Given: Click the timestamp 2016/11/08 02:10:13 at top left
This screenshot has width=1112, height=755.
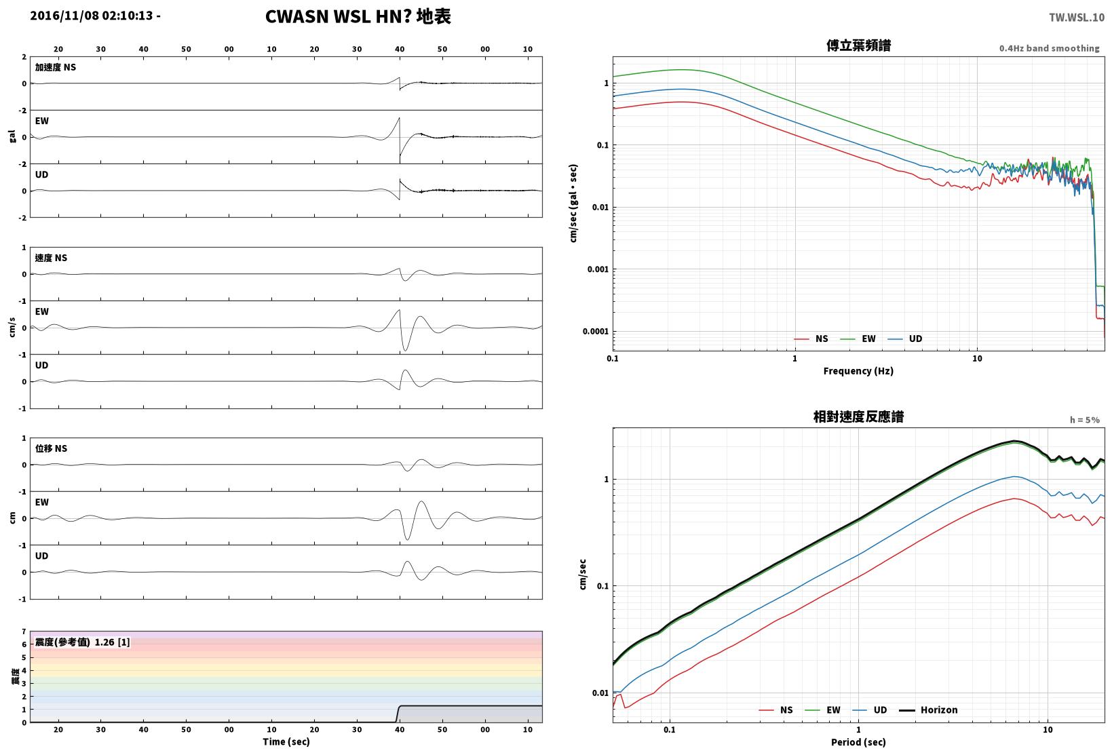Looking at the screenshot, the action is (92, 16).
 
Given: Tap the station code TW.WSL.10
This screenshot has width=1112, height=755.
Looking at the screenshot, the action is (1076, 18).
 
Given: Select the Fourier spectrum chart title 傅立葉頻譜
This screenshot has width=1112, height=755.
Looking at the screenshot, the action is (858, 45).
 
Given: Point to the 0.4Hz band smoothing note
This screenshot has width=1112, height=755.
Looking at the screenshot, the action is (1049, 48).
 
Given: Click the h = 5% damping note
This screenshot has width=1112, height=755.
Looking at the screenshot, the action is (1084, 420).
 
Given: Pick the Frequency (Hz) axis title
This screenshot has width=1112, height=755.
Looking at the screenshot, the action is (858, 371).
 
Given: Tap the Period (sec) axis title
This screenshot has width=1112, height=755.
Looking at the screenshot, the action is (858, 742).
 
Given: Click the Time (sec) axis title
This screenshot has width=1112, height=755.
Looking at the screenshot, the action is (286, 741).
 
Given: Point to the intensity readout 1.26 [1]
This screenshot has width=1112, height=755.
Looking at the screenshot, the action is (112, 642).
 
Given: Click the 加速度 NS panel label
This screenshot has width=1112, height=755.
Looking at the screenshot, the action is (55, 68).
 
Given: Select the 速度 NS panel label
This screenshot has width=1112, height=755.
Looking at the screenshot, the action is (51, 258).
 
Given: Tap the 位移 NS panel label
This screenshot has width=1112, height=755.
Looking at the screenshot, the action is (51, 449).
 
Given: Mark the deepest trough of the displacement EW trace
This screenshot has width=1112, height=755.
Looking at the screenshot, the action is (408, 539).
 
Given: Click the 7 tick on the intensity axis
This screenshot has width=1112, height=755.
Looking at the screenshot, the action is (24, 632).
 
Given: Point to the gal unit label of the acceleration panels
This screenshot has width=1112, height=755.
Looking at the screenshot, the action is (12, 136).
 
